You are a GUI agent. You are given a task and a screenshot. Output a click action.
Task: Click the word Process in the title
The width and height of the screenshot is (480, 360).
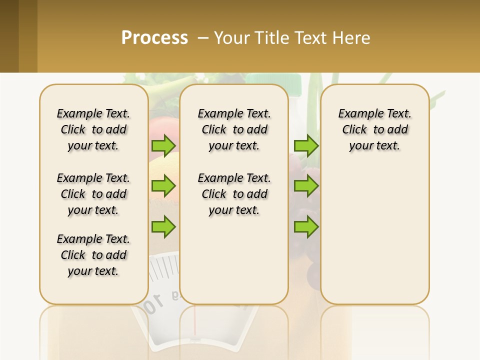tap(154, 38)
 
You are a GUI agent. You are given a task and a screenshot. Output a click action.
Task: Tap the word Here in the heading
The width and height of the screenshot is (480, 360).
tap(352, 38)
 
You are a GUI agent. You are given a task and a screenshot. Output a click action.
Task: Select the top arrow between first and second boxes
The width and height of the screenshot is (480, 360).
tap(163, 145)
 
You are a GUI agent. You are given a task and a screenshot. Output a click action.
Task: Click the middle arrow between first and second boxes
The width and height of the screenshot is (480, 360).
tap(163, 186)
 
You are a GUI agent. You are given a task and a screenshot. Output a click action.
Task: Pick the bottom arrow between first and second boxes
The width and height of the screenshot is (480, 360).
tap(163, 227)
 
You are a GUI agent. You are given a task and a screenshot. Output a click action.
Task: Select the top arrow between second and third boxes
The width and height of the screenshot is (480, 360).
tap(306, 145)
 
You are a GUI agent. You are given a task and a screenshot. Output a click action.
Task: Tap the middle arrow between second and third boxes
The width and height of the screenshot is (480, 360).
tap(306, 186)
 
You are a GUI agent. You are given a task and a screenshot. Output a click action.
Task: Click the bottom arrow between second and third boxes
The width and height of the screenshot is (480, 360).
tap(306, 227)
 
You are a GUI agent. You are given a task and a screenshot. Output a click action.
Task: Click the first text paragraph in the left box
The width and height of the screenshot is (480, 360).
tap(93, 129)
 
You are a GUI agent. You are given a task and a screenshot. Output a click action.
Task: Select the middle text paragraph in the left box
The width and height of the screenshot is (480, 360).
tap(93, 194)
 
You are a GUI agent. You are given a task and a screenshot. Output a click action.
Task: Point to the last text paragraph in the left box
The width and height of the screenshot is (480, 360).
tap(93, 255)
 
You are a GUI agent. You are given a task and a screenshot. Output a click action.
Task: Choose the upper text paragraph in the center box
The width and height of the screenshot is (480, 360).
tap(234, 129)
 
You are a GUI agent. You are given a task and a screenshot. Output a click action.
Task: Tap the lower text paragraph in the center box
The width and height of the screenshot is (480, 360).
tap(234, 194)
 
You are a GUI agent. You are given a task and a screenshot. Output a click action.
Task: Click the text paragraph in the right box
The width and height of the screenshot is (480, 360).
tap(374, 129)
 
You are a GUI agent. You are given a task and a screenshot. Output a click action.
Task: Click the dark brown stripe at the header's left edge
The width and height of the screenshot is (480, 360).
tap(9, 36)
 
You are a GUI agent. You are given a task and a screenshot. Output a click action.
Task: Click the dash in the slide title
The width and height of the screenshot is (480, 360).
tap(203, 38)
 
